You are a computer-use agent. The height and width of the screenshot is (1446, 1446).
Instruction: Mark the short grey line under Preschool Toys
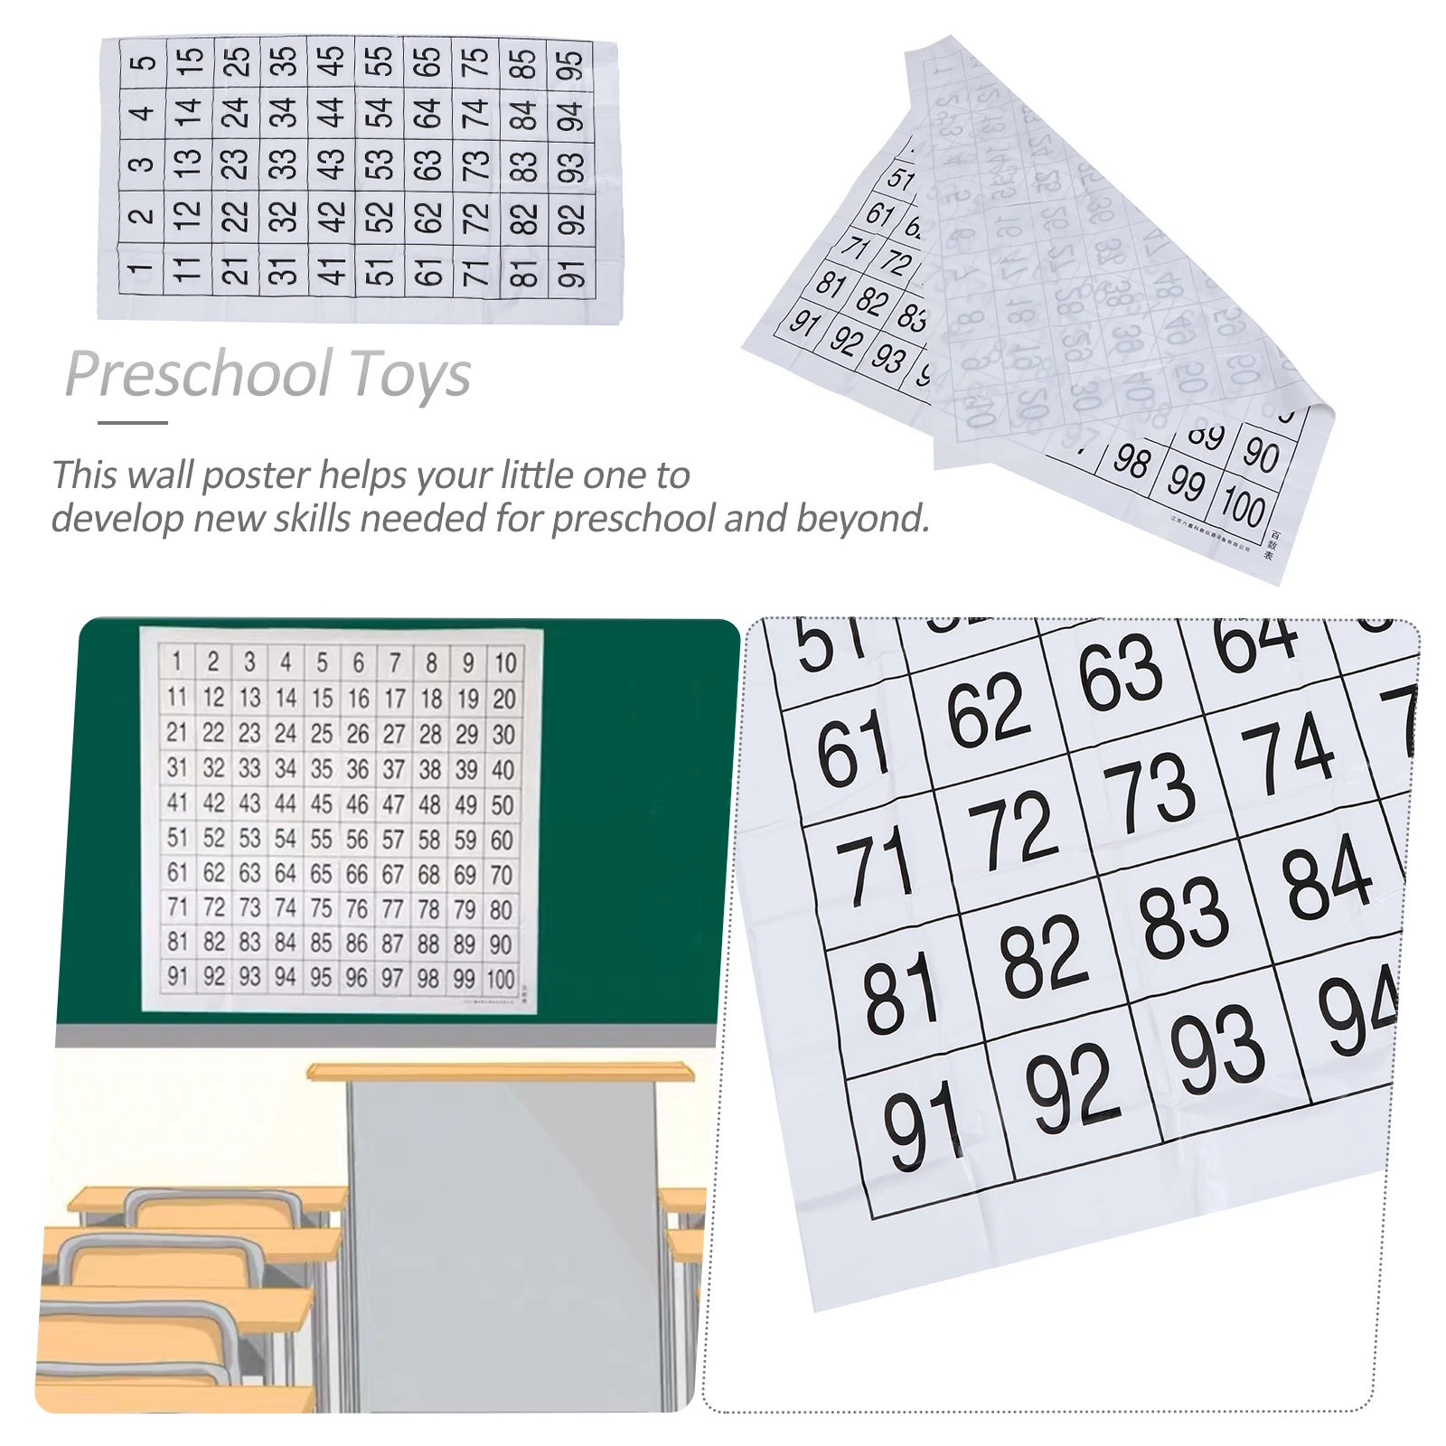point(133,422)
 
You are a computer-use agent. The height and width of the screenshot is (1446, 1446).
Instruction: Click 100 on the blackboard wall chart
point(500,979)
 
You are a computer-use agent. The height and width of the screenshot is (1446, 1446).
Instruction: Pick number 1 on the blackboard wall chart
point(177,662)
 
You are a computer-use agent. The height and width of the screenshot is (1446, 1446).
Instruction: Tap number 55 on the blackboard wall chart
point(321,840)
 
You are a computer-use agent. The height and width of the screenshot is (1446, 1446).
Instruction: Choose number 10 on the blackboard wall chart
point(504,663)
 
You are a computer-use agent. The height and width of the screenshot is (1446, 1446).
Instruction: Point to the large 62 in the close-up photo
point(988,710)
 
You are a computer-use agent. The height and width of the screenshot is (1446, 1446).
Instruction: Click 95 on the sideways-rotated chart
point(569,65)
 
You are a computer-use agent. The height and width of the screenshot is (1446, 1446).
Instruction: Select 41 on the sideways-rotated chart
point(332,268)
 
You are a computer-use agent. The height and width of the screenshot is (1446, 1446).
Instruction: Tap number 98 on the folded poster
point(1131,462)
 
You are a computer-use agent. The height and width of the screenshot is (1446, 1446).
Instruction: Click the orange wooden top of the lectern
point(502,1070)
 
